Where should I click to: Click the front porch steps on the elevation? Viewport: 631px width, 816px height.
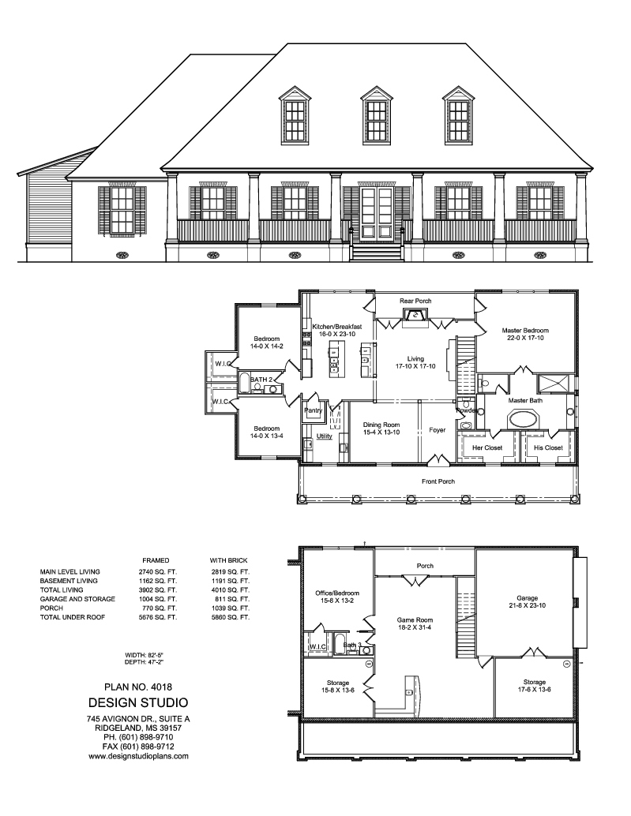click(376, 253)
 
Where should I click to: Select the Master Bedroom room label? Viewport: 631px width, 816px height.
click(525, 331)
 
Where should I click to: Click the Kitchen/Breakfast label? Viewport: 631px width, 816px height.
click(337, 327)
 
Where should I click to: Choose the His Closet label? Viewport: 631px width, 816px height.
click(549, 447)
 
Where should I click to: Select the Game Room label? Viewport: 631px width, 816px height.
click(414, 620)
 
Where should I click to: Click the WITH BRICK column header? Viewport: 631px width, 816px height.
click(228, 559)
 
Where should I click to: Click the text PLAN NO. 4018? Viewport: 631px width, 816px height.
click(137, 687)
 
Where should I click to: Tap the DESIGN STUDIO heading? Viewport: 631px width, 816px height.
click(137, 702)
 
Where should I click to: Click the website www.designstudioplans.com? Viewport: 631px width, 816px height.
click(138, 755)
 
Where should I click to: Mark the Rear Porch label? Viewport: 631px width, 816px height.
click(415, 301)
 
